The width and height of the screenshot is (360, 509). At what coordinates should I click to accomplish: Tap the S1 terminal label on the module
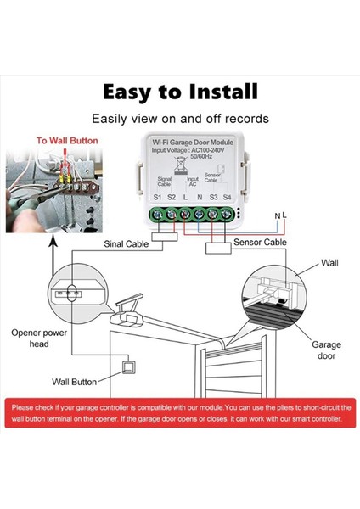point(157,197)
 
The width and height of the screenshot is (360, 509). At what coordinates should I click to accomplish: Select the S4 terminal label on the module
point(227,197)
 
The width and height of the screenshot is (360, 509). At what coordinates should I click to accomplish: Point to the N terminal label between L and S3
point(200,197)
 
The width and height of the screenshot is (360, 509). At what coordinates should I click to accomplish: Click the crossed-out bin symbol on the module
point(180,164)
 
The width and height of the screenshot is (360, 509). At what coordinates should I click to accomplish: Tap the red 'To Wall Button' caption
point(67,141)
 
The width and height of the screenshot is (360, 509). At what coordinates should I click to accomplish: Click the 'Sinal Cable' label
point(126,244)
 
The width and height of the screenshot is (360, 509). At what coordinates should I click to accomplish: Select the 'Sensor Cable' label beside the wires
point(260,242)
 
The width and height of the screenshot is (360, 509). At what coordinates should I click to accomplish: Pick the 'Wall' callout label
point(329,263)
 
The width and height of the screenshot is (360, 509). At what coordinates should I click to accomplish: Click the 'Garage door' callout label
point(326,350)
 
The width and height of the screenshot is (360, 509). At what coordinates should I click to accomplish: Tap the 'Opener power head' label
point(39,338)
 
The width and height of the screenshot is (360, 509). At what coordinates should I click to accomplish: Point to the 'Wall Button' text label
point(74,382)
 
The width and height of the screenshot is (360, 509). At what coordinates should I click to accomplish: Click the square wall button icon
point(129,367)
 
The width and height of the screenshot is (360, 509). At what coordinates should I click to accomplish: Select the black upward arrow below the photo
point(53,255)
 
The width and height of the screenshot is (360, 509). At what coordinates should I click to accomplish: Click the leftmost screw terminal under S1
point(157,215)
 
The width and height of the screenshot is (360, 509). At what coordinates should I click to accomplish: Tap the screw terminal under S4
point(227,215)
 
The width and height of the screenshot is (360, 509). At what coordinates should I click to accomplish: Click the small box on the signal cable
point(165,237)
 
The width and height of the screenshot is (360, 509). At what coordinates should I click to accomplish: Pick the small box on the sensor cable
point(218,249)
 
